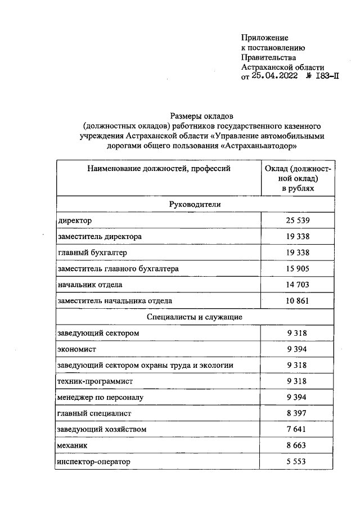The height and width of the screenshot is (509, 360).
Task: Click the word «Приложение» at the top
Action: pos(264,38)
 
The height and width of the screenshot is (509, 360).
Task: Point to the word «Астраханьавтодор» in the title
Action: pos(259,145)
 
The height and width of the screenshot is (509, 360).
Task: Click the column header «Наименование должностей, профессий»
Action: pos(159,168)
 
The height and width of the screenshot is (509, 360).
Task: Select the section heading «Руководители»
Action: pos(195,204)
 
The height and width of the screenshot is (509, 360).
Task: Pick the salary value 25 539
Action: pos(298,220)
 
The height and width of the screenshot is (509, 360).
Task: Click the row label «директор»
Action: pos(75,220)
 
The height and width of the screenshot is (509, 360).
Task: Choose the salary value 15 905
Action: pos(298,269)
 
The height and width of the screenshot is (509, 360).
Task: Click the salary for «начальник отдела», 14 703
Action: pos(298,285)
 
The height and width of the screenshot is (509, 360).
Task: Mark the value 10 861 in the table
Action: pos(298,301)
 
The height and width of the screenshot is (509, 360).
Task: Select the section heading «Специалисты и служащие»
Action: pos(195,317)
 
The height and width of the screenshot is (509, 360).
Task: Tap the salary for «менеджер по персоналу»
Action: pos(298,398)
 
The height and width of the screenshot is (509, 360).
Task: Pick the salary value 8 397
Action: pos(298,413)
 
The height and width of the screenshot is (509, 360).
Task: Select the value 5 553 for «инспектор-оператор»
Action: pos(298,462)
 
